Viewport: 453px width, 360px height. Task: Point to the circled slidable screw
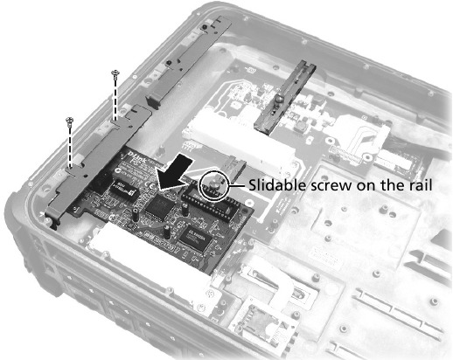[x=215, y=186]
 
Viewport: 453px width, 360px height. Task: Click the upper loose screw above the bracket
[x=115, y=74]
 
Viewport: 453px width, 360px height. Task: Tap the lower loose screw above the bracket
[x=70, y=121]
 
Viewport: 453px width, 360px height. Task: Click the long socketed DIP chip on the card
[x=211, y=202]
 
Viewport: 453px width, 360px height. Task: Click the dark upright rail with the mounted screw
[x=285, y=98]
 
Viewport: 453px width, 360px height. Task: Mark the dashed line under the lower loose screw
[x=70, y=147]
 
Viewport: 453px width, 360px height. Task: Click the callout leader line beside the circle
[x=238, y=186]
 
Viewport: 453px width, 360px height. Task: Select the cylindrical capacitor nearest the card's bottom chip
[x=166, y=232]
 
